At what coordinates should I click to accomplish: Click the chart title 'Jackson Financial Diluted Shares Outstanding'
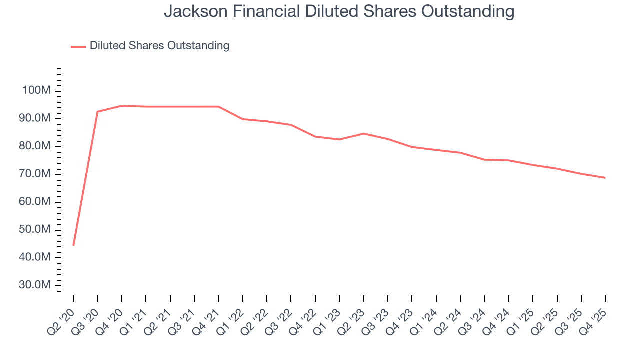point(339,11)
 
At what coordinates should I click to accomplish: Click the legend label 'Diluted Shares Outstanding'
point(159,46)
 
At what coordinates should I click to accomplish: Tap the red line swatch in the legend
point(78,46)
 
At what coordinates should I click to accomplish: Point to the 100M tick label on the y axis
point(36,91)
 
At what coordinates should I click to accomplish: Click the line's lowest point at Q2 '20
point(73,245)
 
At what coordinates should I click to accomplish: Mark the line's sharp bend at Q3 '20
point(97,112)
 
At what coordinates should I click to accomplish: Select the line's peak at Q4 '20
point(122,106)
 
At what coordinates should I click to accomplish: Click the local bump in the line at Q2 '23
point(363,133)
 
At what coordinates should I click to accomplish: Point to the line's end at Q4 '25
point(605,178)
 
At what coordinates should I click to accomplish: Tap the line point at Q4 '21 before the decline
point(218,106)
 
